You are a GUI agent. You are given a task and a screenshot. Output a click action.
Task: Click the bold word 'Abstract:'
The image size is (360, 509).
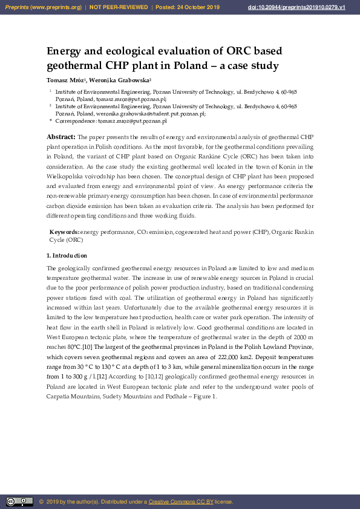click(x=61, y=137)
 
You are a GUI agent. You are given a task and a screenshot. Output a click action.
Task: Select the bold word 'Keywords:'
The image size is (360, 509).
click(x=64, y=232)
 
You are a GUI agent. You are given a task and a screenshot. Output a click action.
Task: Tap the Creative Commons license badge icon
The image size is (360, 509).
click(x=19, y=502)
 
